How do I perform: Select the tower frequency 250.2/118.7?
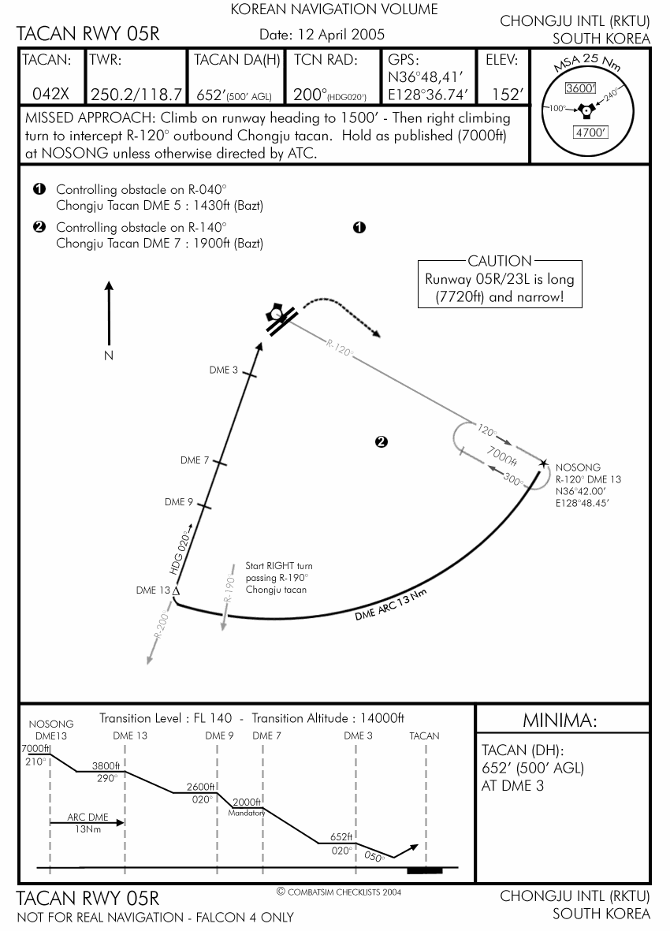pos(137,95)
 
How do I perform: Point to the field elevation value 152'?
pos(507,95)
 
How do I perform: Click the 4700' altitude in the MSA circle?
pos(589,132)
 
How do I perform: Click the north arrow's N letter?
pos(109,356)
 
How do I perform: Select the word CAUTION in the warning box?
pos(499,261)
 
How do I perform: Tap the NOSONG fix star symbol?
pos(543,463)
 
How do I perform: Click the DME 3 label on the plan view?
pos(223,370)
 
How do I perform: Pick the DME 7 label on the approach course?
pos(195,460)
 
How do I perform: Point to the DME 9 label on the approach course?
pos(179,502)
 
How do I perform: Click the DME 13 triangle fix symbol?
pos(176,590)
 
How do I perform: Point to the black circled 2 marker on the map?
pos(382,442)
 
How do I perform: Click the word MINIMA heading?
pos(560,721)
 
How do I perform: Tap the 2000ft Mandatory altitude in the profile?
pos(247,803)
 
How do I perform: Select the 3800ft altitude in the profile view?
pos(105,765)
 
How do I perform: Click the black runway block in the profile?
pos(425,870)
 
